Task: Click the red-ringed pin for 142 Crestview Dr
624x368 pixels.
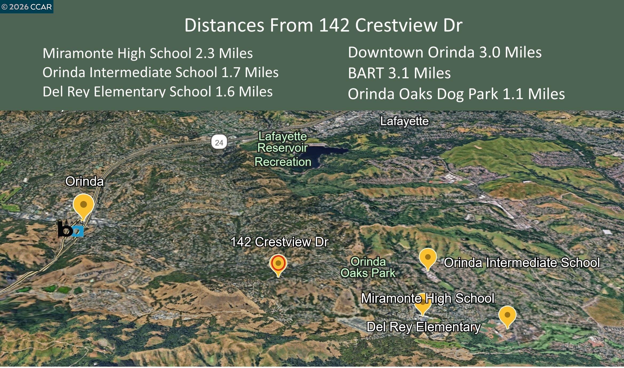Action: pos(278,264)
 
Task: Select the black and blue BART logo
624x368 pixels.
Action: pos(71,229)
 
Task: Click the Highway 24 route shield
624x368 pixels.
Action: pos(219,142)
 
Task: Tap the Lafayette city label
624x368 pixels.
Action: pos(404,121)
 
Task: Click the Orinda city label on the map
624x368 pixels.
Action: pos(84,181)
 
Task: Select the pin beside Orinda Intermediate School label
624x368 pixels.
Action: pos(427,258)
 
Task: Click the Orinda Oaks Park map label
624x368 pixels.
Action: pos(368,267)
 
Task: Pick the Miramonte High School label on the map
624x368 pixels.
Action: pos(427,298)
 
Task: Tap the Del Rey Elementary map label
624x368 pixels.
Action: pos(423,327)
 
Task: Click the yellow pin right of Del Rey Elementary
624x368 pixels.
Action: pos(507,316)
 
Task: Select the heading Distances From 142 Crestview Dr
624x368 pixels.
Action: pos(323,25)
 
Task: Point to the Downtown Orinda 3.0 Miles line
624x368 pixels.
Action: pos(445,52)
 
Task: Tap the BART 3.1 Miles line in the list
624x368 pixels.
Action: pos(399,73)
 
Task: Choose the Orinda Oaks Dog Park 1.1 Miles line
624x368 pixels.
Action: pos(456,94)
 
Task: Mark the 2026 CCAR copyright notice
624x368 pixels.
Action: pos(27,7)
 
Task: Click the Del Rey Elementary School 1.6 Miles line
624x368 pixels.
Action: pos(158,91)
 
